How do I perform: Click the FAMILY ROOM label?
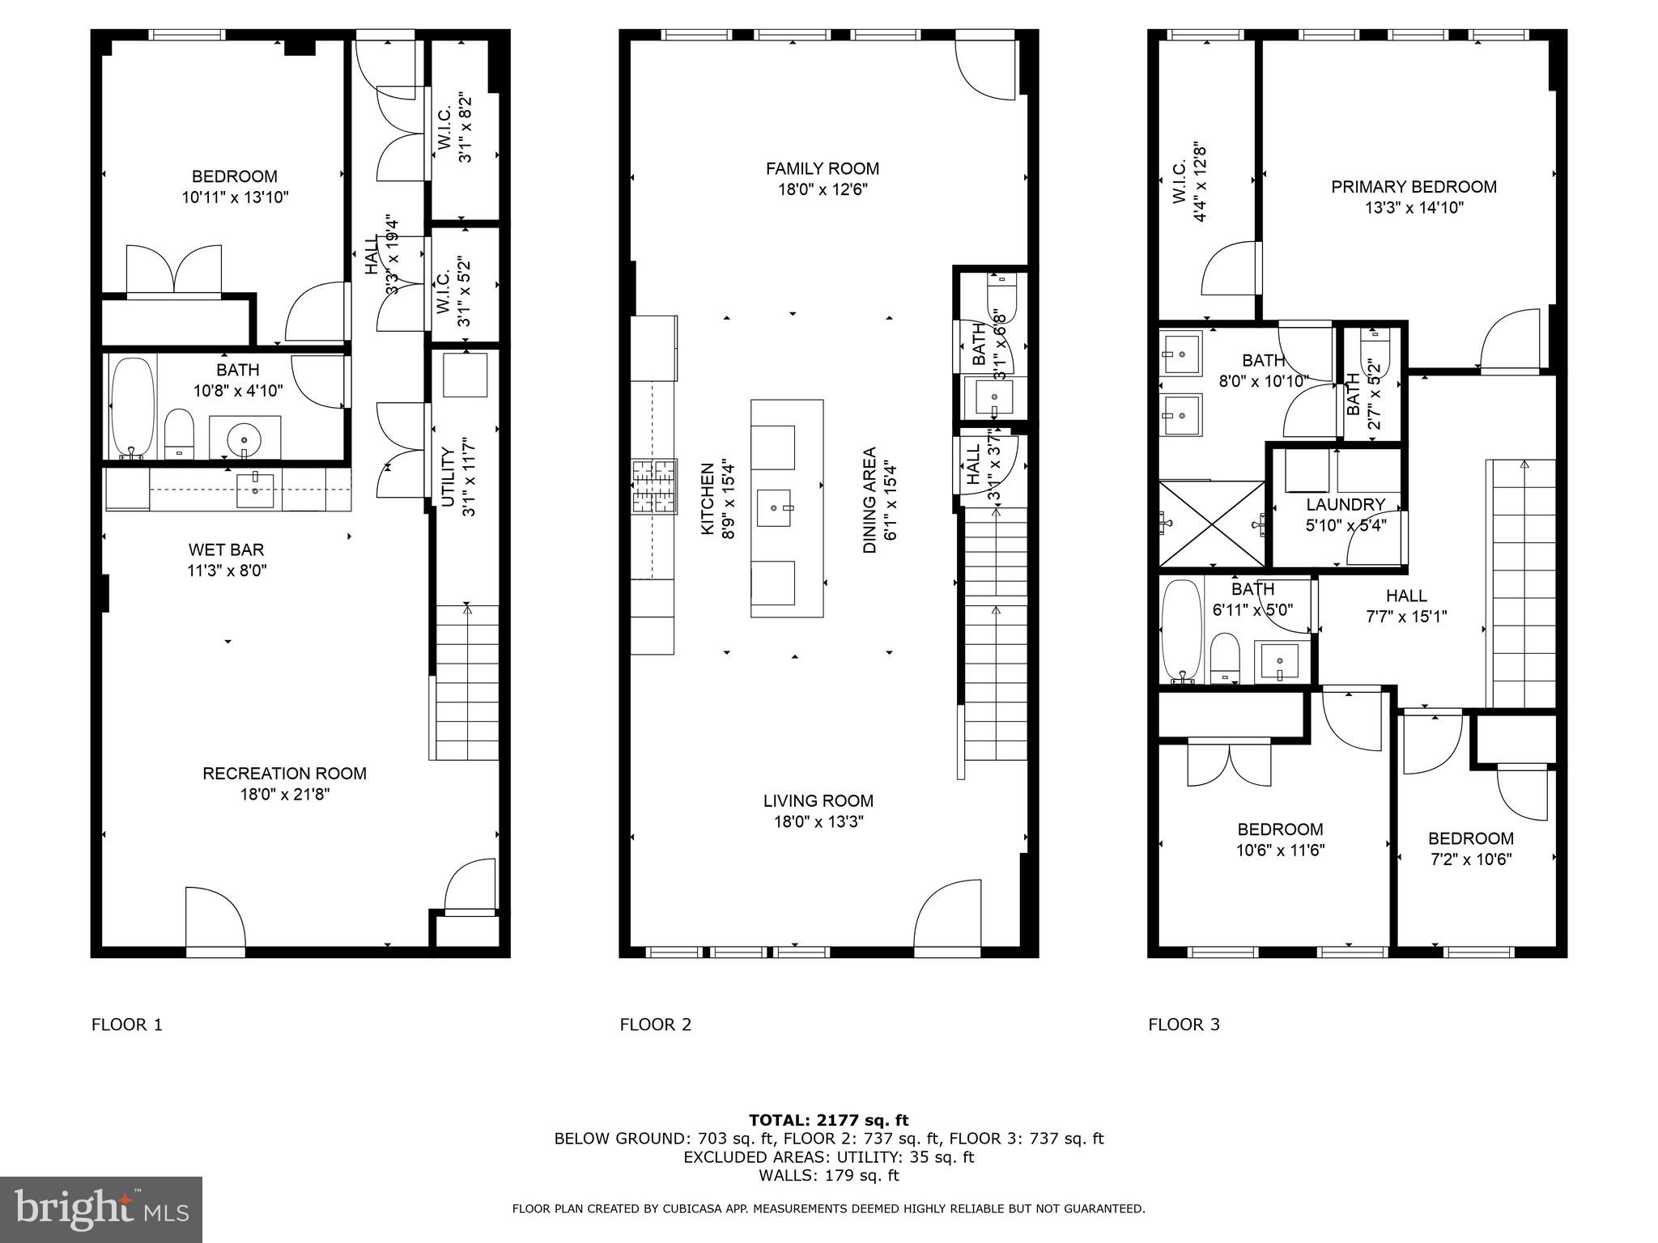click(x=823, y=168)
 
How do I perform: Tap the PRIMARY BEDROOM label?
click(x=1414, y=187)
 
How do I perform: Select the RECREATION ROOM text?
click(x=284, y=774)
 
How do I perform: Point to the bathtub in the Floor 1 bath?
click(x=131, y=409)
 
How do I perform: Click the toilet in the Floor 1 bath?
click(x=179, y=433)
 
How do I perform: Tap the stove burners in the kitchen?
click(x=654, y=486)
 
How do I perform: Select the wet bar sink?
click(x=255, y=490)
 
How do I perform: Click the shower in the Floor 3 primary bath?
click(x=1211, y=524)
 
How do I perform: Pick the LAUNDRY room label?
click(x=1345, y=504)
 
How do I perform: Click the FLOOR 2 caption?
click(x=655, y=1025)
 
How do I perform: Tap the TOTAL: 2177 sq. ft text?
click(x=828, y=1120)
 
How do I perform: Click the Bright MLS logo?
click(x=101, y=1209)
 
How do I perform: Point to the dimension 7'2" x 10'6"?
click(x=1470, y=859)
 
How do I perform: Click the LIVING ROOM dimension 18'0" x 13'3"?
click(x=818, y=822)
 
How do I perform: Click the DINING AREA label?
click(x=869, y=499)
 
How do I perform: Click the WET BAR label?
click(x=226, y=550)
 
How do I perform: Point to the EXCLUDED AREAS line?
click(x=828, y=1157)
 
